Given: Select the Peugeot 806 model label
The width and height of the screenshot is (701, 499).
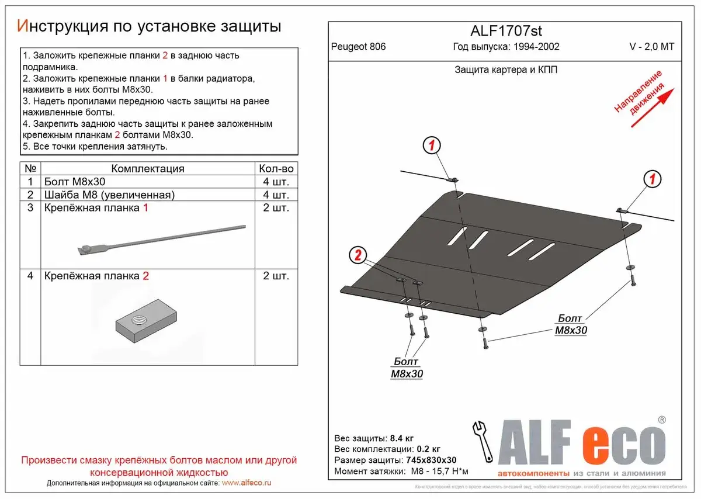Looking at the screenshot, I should (358, 47).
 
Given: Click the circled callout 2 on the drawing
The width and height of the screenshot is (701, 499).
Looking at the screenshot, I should (358, 255).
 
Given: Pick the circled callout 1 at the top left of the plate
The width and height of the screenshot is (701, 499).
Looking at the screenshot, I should (431, 145).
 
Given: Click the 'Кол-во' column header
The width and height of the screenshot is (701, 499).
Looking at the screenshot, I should (276, 168).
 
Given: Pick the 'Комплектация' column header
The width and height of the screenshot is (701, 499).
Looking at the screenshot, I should (147, 168).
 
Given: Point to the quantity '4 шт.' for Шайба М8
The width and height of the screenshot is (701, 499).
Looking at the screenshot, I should (276, 195).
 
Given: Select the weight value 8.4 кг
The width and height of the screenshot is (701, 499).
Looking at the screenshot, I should (401, 438).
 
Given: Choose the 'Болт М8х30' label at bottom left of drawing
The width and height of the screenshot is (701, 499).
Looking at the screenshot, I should (406, 368).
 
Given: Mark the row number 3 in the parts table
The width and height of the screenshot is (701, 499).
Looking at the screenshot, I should (31, 208).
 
